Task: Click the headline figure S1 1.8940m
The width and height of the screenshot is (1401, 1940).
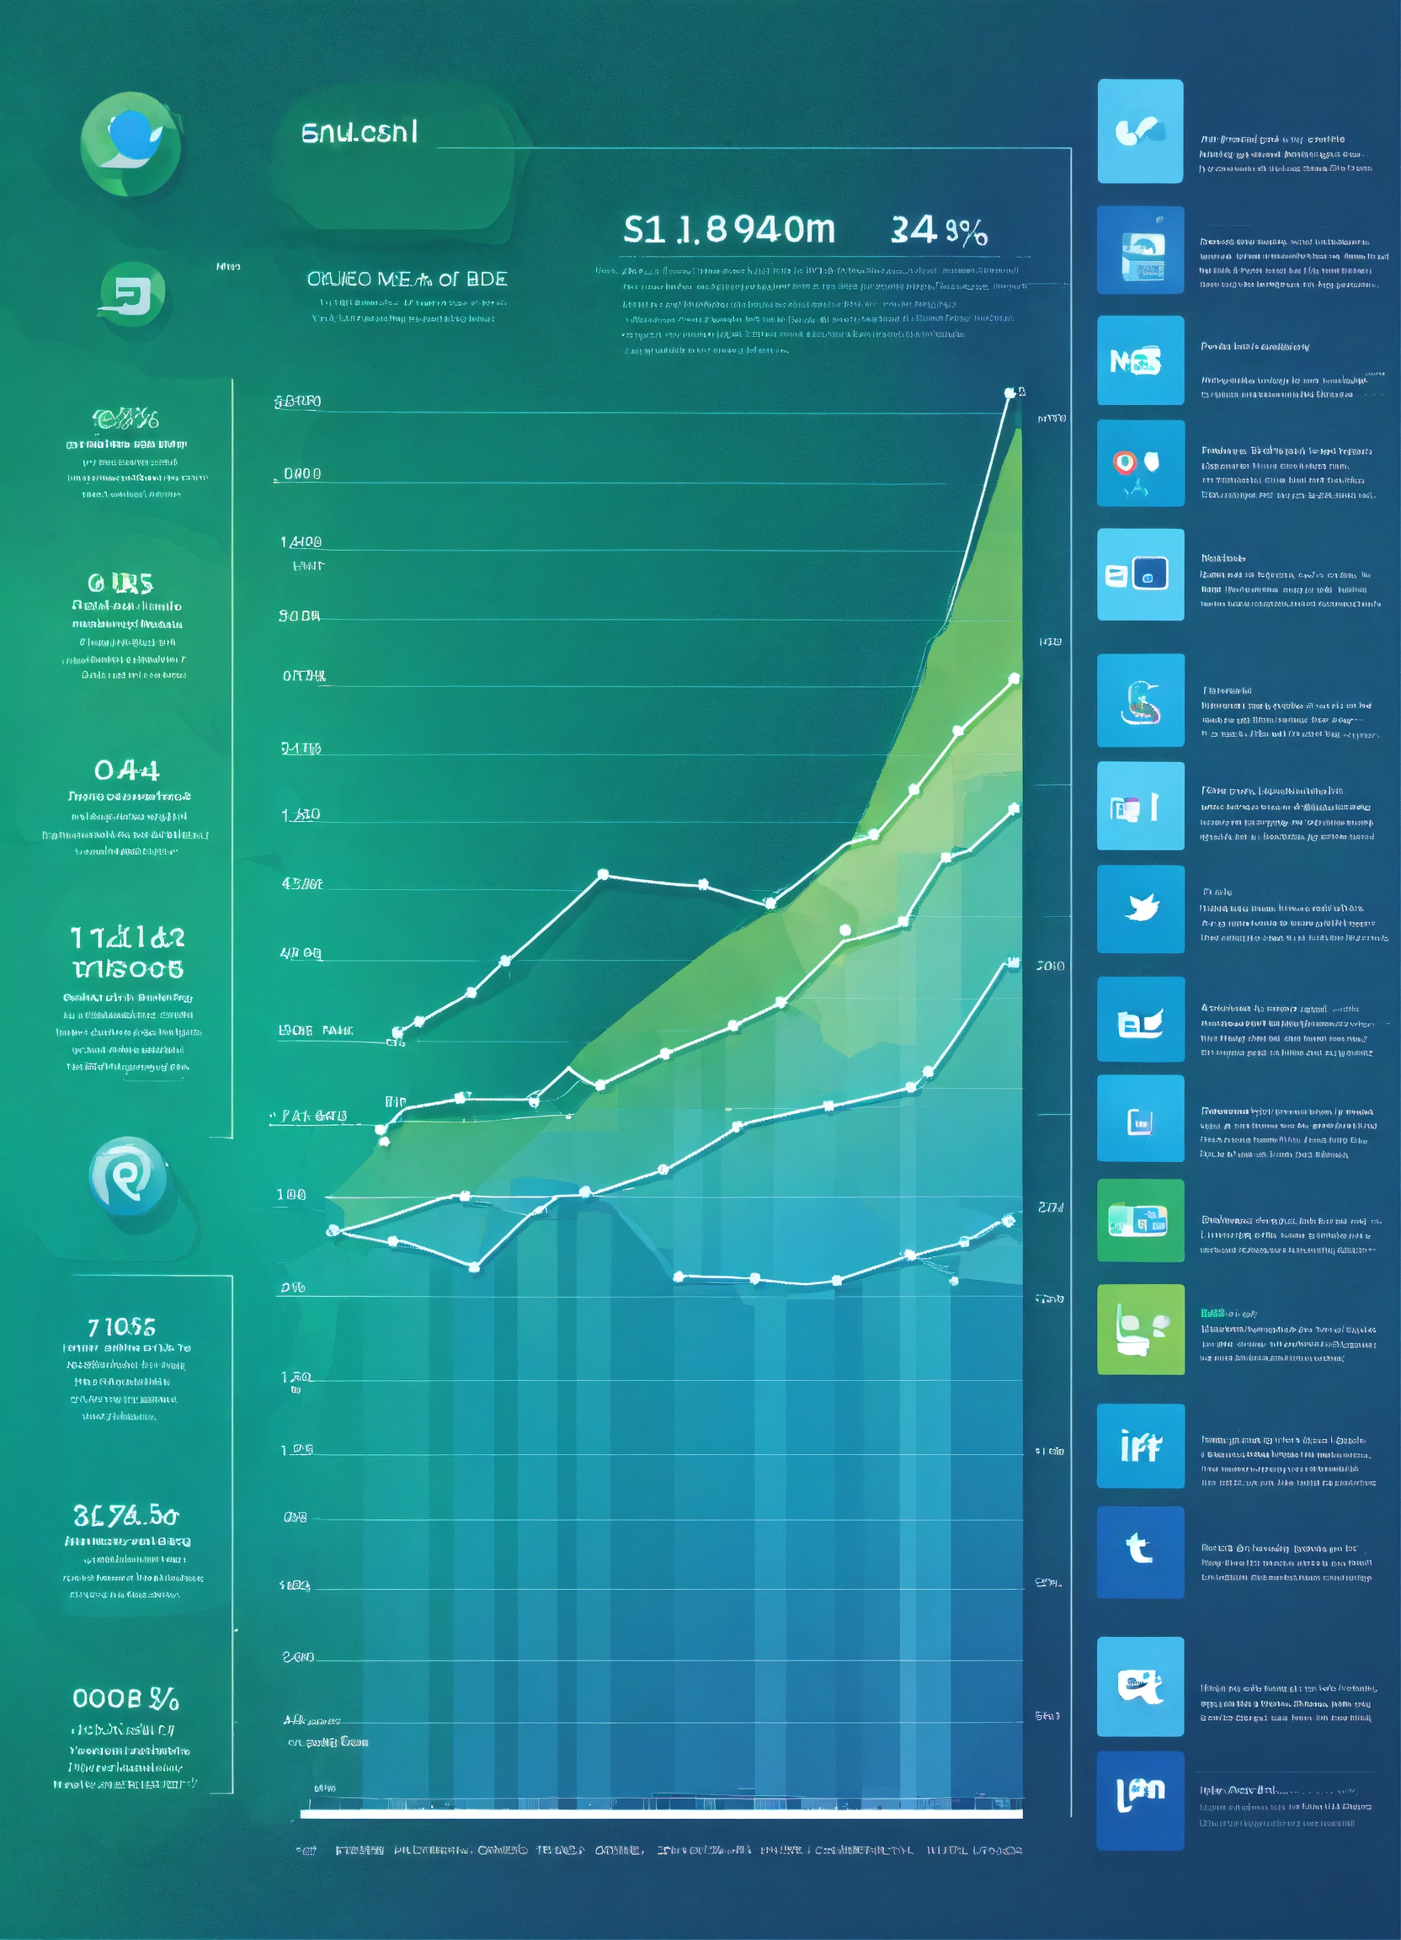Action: point(729,230)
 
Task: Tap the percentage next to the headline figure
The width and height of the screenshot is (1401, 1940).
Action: point(938,231)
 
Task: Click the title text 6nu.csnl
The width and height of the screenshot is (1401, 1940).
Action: point(360,132)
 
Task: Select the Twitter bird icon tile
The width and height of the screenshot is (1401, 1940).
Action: point(1140,909)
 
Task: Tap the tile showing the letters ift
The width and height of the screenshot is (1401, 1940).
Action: point(1140,1446)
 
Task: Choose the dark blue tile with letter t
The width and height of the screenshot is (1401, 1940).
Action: point(1140,1552)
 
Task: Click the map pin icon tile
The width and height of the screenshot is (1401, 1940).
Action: point(1140,464)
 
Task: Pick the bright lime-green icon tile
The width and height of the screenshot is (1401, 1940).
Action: point(1140,1330)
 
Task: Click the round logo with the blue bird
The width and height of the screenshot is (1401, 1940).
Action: point(131,143)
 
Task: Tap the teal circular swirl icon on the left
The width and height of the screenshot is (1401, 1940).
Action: point(128,1175)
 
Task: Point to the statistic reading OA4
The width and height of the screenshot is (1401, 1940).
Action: point(126,770)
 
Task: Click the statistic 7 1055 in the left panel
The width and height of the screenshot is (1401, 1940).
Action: point(121,1327)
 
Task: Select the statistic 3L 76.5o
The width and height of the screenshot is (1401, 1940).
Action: point(125,1516)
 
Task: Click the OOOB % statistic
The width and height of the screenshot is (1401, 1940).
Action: point(125,1698)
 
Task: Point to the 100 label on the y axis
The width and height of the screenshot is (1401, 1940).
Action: point(290,1194)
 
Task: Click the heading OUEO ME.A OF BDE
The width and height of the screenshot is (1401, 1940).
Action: point(408,279)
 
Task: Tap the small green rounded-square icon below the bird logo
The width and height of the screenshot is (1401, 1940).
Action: point(132,291)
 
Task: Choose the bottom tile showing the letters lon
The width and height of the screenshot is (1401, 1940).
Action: point(1140,1800)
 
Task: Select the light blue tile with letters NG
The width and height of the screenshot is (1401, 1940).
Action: point(1140,360)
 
